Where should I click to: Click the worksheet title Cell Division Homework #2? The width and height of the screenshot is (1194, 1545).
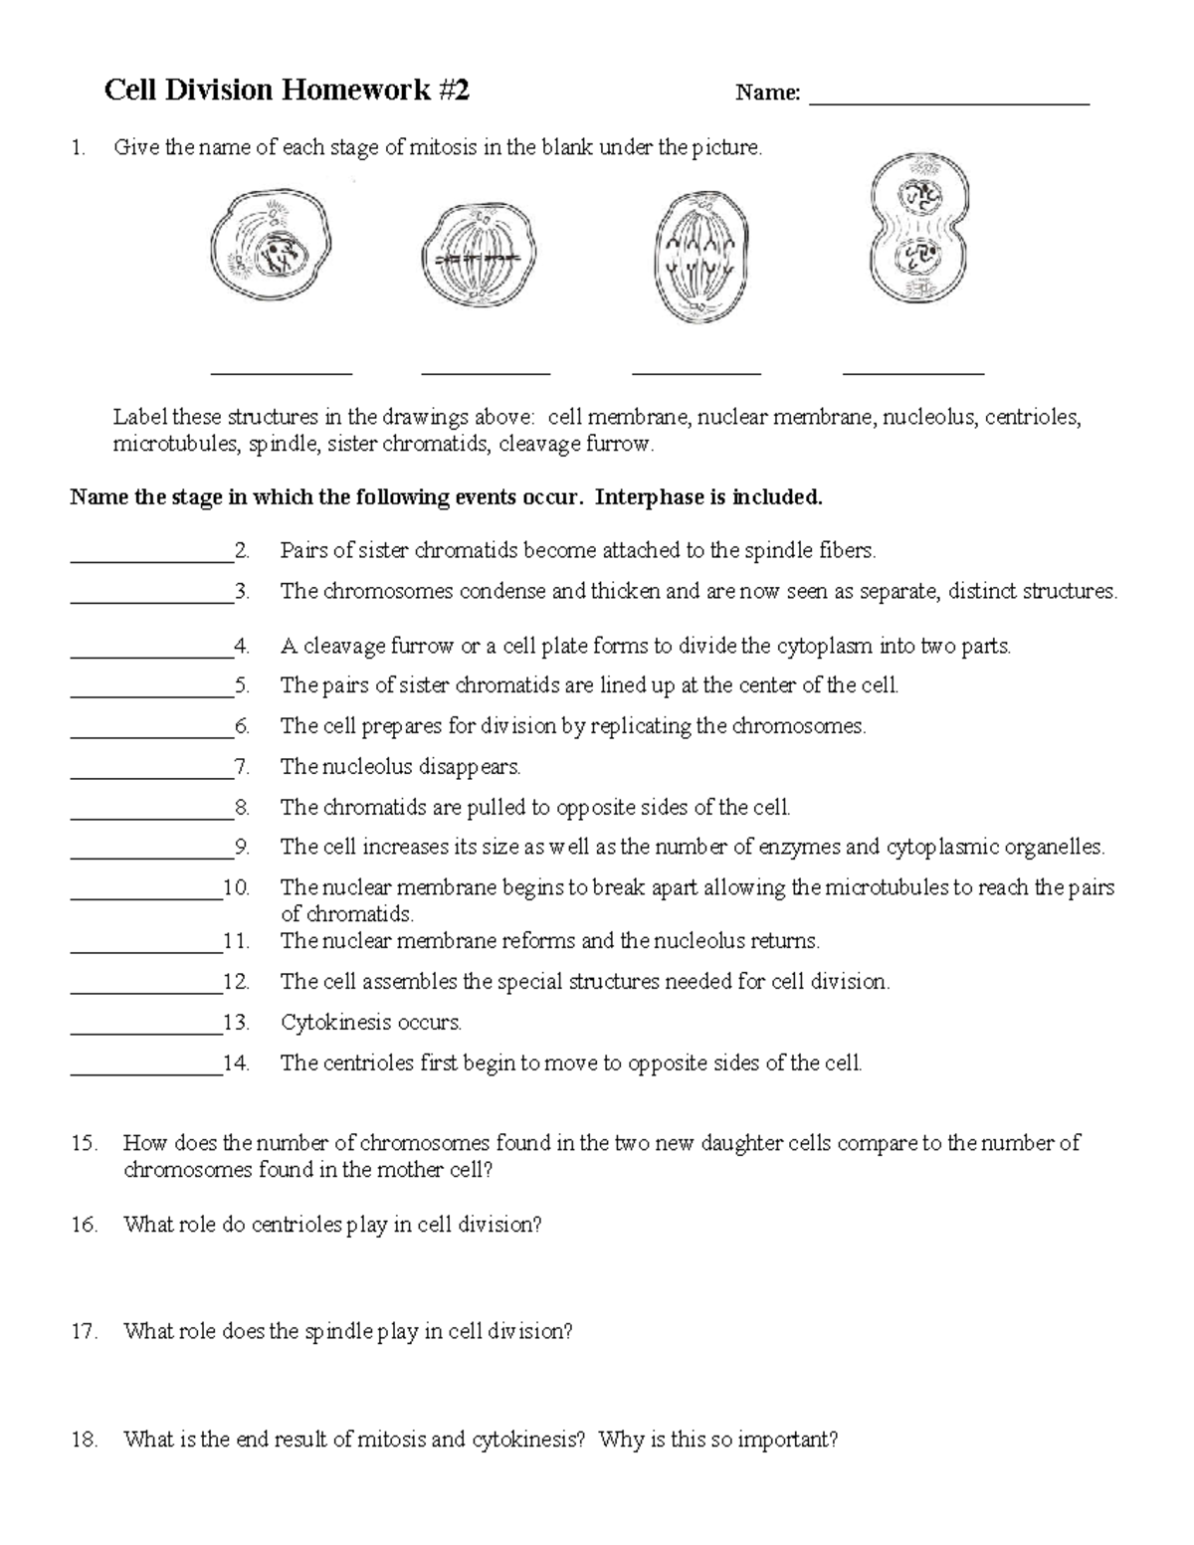288,92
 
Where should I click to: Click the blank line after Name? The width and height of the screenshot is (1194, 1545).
949,100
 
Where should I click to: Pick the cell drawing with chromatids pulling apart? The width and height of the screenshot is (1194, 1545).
700,257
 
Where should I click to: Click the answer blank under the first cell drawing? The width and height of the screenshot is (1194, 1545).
282,371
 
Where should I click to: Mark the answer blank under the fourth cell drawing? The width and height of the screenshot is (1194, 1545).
912,371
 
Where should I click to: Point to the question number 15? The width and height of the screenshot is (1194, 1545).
84,1144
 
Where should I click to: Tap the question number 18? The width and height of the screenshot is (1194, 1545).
84,1440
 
